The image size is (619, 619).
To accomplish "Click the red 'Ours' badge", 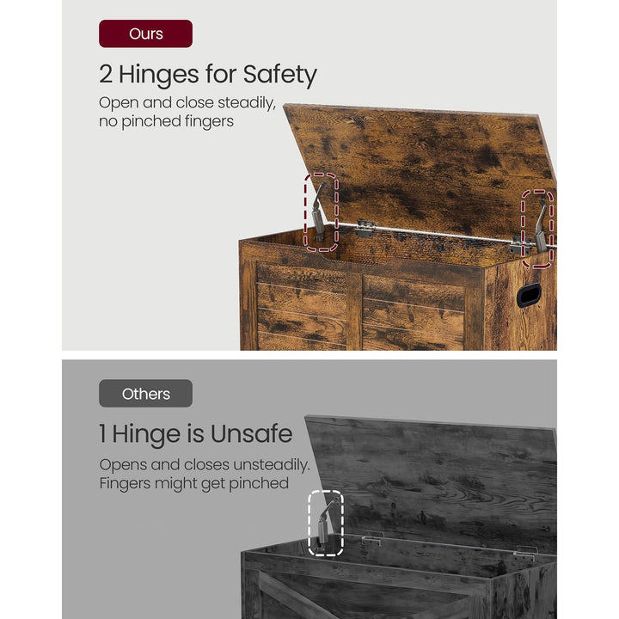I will click(145, 34).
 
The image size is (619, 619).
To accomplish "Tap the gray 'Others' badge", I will click(145, 394).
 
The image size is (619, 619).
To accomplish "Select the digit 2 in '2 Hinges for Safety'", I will click(107, 75).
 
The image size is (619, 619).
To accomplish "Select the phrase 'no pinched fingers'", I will click(166, 121).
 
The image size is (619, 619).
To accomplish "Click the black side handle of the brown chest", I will click(528, 294).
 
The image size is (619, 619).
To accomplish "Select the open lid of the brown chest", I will click(421, 163).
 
